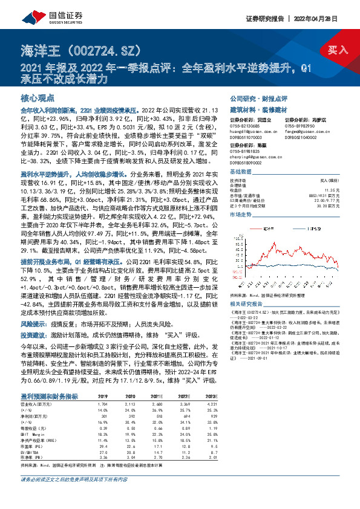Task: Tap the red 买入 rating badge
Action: pos(336,50)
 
